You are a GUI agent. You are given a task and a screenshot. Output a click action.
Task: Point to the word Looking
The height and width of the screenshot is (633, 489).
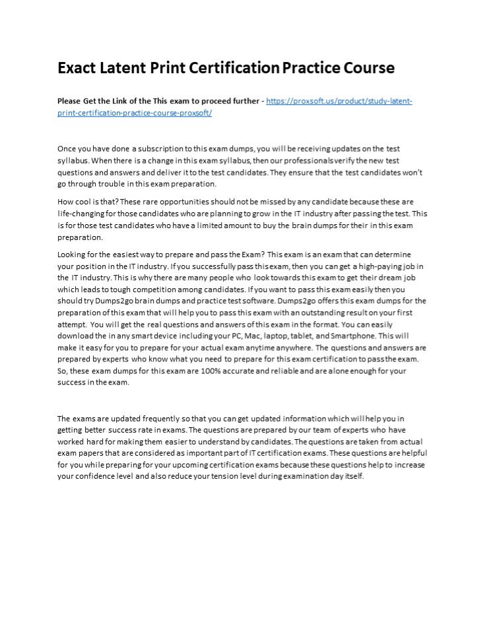72,254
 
